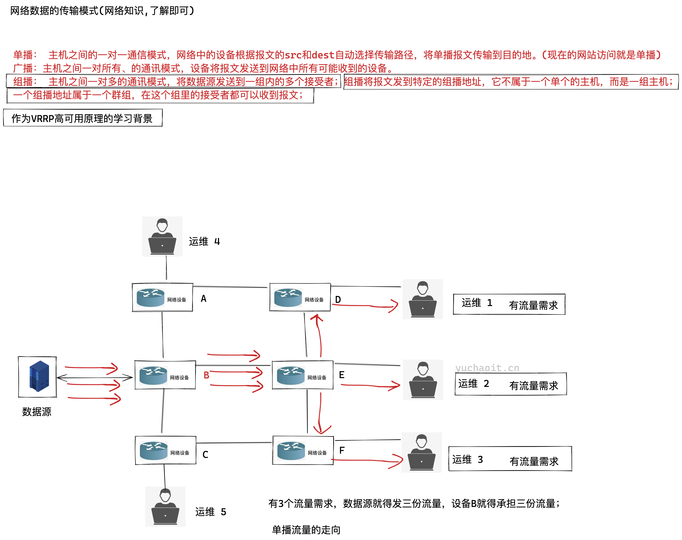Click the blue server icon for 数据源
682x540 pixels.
[x=39, y=376]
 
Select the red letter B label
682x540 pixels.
[x=206, y=375]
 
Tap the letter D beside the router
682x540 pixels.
[x=338, y=299]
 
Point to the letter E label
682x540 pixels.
[x=342, y=375]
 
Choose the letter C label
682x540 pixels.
[x=205, y=455]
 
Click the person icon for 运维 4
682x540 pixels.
[x=162, y=236]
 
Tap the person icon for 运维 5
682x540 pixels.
[x=165, y=506]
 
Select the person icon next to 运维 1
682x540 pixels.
[x=422, y=299]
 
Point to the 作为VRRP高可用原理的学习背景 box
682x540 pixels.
[x=82, y=118]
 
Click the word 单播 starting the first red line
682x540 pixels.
[x=23, y=55]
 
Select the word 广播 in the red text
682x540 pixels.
[x=23, y=68]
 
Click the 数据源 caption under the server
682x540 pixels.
[x=37, y=412]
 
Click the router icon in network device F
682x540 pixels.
[x=291, y=451]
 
